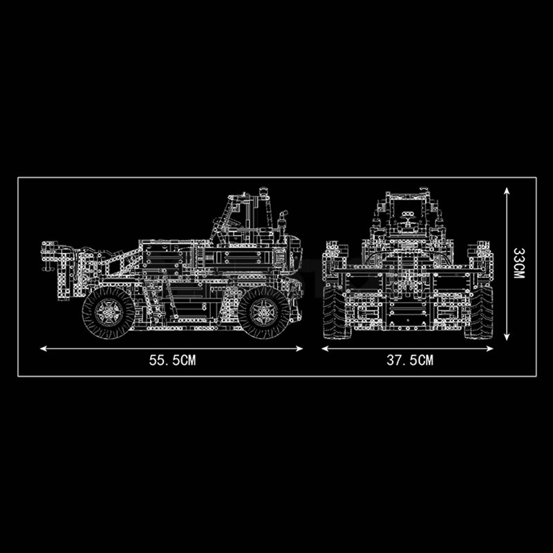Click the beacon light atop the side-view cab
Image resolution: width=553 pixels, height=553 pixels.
[x=262, y=191]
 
